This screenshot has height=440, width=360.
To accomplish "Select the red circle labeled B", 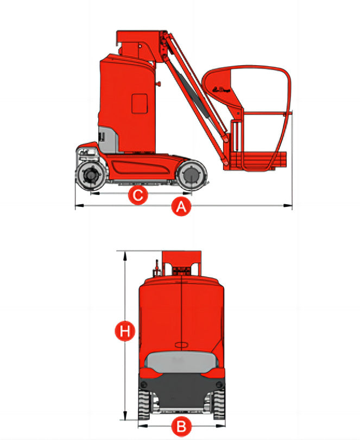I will (x=181, y=427).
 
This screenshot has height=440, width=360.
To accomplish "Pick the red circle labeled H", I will (x=125, y=331).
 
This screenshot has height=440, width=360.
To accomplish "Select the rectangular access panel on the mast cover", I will (x=140, y=103).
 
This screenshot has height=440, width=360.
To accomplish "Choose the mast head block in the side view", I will (x=135, y=43).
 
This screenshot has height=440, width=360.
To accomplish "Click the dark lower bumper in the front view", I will (x=181, y=388).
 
